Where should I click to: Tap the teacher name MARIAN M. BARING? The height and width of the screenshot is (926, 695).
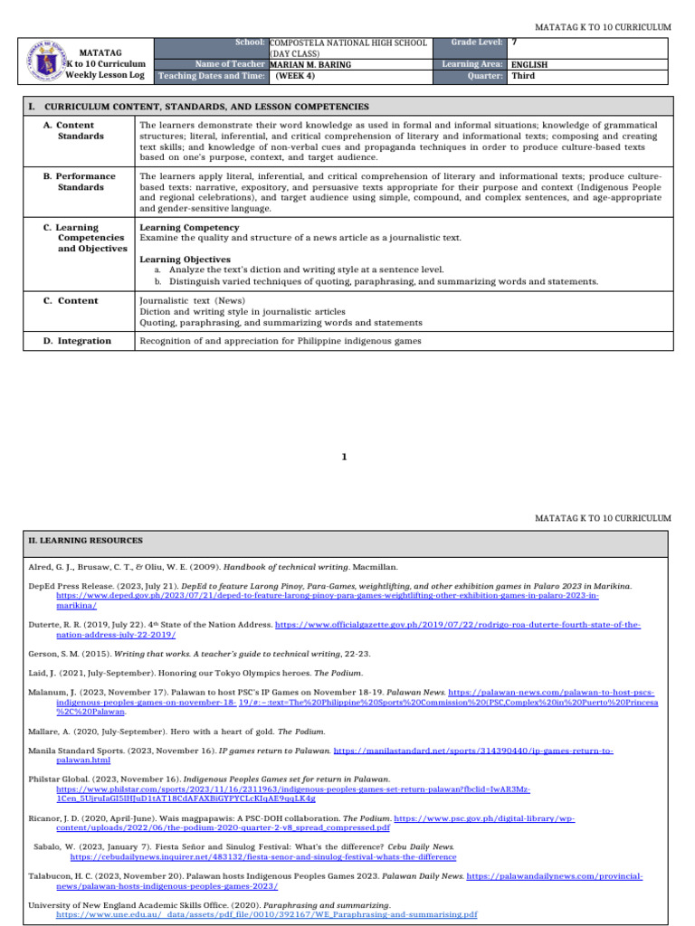point(310,65)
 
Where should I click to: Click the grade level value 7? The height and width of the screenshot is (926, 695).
point(514,43)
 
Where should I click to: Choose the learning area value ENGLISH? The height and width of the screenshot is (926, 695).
point(529,65)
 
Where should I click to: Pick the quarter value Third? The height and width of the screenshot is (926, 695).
point(523,76)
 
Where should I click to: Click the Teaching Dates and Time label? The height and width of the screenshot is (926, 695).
point(212,76)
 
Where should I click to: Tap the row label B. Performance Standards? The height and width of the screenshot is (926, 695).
point(80,181)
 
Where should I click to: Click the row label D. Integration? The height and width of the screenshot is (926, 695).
point(78,341)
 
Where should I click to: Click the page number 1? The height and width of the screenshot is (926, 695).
point(344,458)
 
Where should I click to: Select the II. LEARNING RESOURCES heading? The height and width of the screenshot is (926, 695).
point(85,541)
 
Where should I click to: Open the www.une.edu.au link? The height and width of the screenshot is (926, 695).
point(266,915)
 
